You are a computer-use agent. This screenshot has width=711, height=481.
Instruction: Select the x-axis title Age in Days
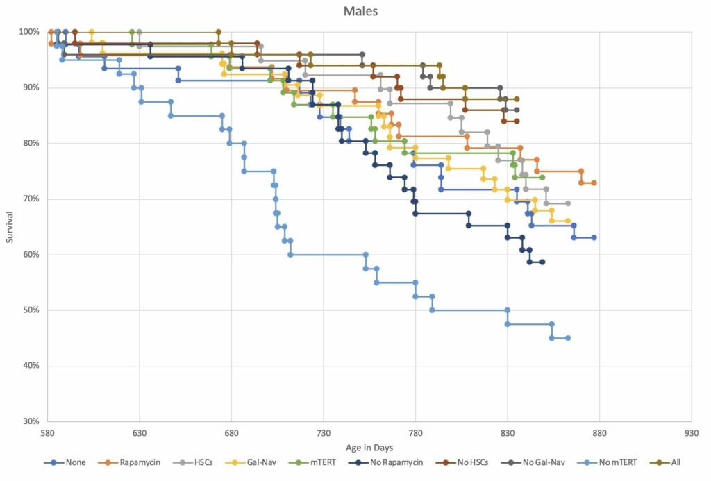369,448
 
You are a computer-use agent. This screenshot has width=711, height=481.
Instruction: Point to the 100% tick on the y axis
29,32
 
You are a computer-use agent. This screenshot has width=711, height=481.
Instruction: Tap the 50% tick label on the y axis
29,310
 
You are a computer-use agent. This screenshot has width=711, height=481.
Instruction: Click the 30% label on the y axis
29,421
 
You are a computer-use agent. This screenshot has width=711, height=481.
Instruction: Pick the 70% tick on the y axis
29,199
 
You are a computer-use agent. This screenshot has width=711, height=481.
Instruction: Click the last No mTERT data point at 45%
568,338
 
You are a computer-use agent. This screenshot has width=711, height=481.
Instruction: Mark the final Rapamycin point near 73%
594,183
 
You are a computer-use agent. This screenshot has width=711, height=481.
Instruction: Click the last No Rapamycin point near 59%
542,262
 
